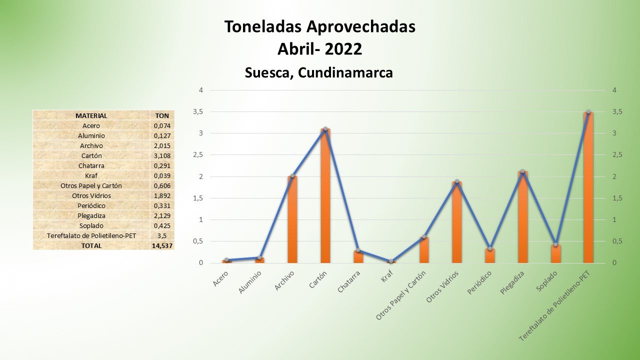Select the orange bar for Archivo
[x=292, y=219]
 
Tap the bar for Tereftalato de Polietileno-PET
[x=588, y=187]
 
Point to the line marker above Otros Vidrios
[x=457, y=181]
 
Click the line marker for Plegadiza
[x=522, y=171]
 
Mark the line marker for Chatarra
[x=358, y=250]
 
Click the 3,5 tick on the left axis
[x=198, y=112]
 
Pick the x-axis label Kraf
[x=386, y=276]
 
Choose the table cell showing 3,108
[x=162, y=155]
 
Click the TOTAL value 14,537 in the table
[x=162, y=245]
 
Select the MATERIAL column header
[x=91, y=115]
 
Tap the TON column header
[x=162, y=115]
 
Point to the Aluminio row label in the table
[x=91, y=135]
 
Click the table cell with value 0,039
[x=162, y=175]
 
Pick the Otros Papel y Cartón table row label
[x=91, y=185]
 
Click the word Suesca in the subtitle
[x=269, y=73]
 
